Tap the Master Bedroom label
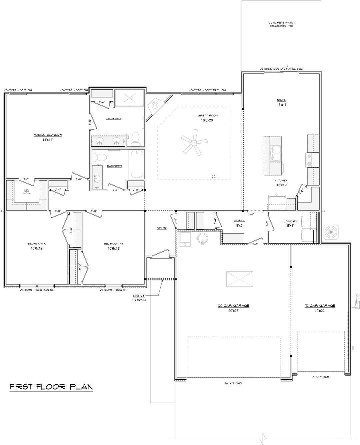click(x=48, y=135)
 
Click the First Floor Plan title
click(x=51, y=387)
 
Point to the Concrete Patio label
click(x=281, y=23)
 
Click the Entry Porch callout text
click(x=139, y=298)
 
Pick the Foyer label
click(x=162, y=228)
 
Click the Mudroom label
click(x=240, y=220)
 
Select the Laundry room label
click(x=290, y=222)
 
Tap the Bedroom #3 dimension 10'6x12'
click(x=114, y=248)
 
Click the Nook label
click(x=281, y=100)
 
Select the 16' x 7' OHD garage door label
click(x=233, y=383)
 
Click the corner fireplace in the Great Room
click(x=155, y=105)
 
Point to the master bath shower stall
click(x=129, y=98)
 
